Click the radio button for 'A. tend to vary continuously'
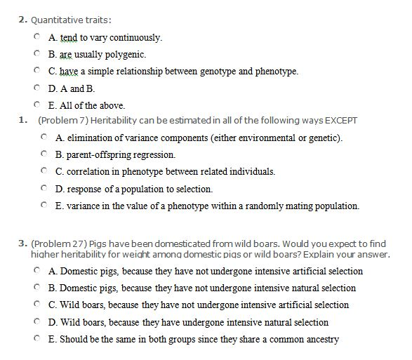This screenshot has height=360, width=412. tap(36, 36)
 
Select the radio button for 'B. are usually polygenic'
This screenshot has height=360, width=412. tap(36, 53)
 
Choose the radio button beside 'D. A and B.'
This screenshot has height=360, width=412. tap(36, 88)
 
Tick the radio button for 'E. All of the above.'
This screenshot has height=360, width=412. tap(36, 105)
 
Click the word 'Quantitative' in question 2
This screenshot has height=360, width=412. tap(54, 20)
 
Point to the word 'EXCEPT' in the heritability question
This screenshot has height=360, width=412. tap(340, 121)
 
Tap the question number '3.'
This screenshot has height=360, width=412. tap(22, 243)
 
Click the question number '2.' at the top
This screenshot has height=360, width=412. tap(22, 20)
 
